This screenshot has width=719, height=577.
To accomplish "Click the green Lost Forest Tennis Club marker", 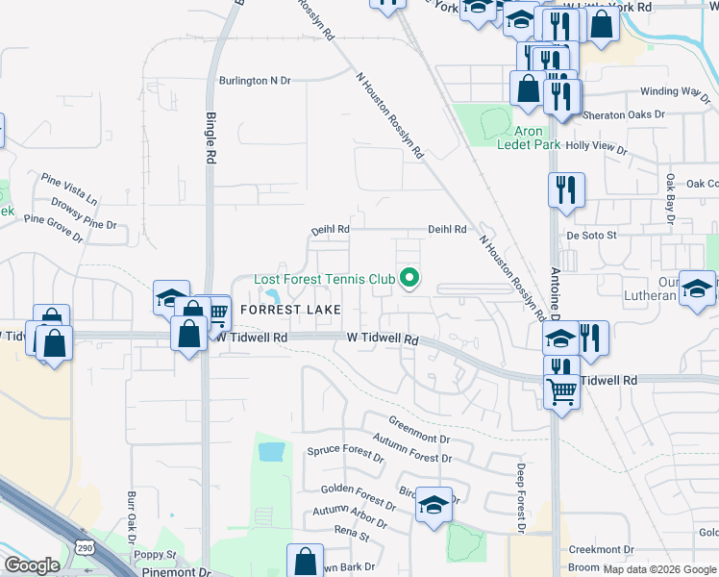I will [x=409, y=280].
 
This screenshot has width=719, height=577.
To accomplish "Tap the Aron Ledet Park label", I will [x=529, y=138].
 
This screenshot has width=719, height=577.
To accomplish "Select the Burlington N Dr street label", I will [x=255, y=81].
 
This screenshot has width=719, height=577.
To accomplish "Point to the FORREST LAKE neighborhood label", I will [x=289, y=310].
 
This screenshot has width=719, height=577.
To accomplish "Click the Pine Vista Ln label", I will [x=69, y=188].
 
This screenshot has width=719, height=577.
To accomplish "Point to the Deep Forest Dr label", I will [x=519, y=499].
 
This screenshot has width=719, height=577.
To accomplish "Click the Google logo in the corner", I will [x=32, y=565].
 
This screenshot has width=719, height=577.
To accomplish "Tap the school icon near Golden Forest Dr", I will [x=434, y=504].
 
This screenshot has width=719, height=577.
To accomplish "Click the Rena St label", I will [x=353, y=532].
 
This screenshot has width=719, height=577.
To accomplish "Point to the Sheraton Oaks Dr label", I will [x=624, y=114].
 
